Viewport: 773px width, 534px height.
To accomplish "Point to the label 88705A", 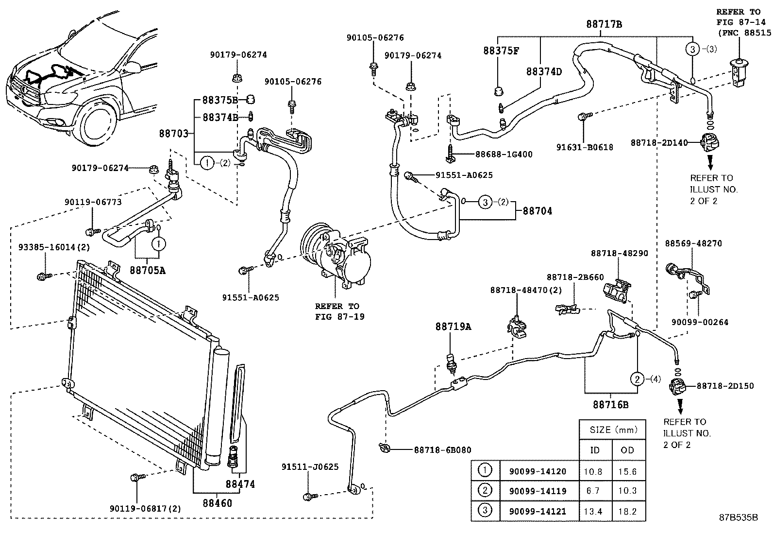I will coord(147,270).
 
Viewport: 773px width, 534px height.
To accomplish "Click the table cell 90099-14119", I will coord(537,491).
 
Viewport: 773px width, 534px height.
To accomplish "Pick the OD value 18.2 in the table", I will coord(627,511).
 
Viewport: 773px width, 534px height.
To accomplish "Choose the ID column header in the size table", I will coord(595,450).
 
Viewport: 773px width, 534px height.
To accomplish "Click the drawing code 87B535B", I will coord(739,518).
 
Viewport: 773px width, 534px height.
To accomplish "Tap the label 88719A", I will coord(453,327).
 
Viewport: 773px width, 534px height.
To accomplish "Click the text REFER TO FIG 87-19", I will coord(337,311).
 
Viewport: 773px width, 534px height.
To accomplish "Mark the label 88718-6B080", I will coord(442,450).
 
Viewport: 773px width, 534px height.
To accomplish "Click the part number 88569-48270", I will coord(693,243).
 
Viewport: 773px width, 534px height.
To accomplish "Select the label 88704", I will coord(537,211).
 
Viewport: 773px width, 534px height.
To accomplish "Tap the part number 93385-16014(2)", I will coord(54,247).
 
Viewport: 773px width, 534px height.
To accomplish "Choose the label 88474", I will coord(239,484).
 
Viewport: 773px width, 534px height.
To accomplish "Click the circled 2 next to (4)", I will coord(637,379).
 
